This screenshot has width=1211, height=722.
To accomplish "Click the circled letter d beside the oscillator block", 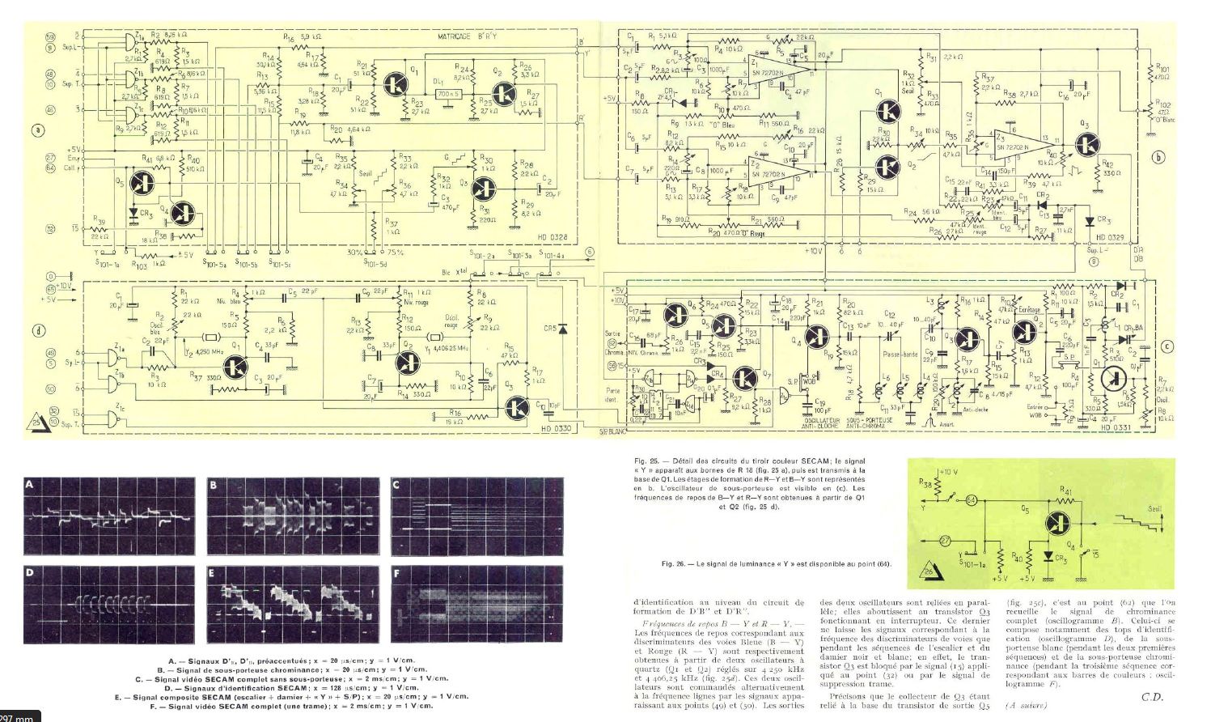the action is tap(36, 329).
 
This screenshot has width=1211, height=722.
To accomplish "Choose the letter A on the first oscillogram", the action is tap(31, 486).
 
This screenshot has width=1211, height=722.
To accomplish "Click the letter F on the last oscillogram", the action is tap(396, 574).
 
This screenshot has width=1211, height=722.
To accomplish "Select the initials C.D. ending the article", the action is tap(1153, 696).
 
